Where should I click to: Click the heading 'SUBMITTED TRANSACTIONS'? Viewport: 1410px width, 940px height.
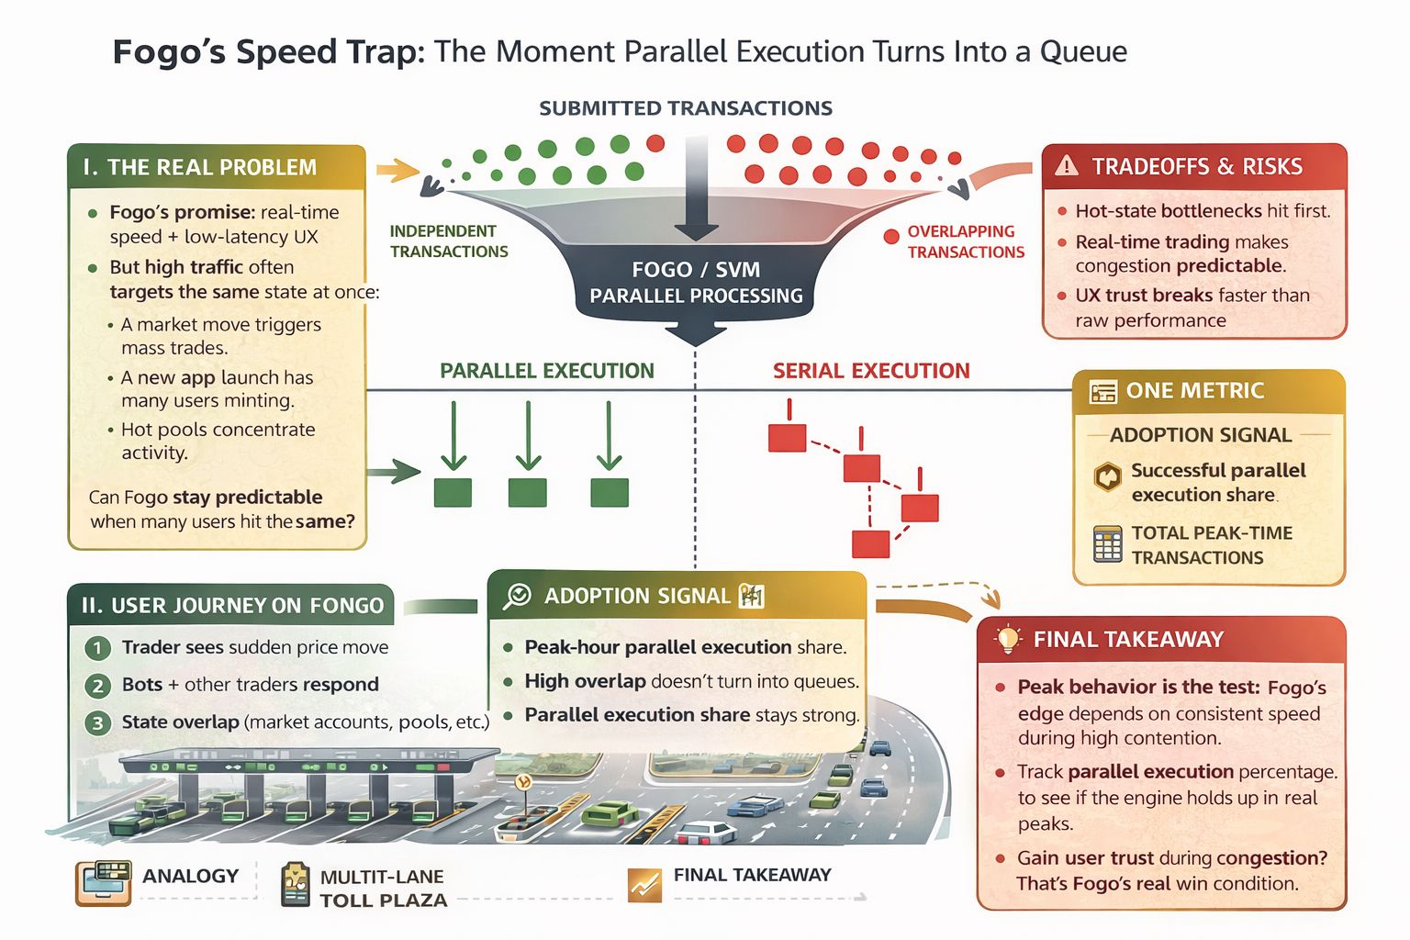click(685, 108)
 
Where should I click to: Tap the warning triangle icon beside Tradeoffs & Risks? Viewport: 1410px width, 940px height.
click(1066, 166)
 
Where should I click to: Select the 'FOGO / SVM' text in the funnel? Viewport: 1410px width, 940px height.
click(695, 270)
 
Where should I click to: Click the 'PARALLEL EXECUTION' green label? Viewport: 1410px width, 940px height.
click(546, 371)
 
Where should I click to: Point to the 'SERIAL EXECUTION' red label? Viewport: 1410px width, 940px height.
click(870, 371)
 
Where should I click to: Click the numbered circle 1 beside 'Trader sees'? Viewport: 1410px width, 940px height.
click(97, 648)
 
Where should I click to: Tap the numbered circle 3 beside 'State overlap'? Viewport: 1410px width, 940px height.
click(97, 722)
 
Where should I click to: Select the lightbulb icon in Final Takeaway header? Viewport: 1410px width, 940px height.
click(1008, 639)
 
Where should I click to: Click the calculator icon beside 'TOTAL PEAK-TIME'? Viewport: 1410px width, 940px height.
click(1107, 544)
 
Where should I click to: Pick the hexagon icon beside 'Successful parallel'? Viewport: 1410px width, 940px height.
click(1108, 477)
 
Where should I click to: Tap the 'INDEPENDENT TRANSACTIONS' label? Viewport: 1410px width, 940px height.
click(448, 241)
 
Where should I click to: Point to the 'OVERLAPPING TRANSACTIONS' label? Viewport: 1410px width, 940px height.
click(965, 241)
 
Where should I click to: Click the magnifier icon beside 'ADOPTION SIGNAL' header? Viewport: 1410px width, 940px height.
click(517, 596)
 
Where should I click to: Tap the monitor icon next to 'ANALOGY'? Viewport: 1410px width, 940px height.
click(102, 882)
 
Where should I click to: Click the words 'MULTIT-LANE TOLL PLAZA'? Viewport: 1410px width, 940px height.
click(383, 888)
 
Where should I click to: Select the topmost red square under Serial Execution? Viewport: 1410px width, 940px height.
click(787, 437)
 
